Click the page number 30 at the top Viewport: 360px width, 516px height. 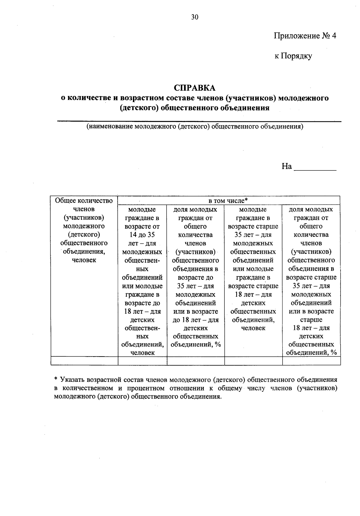point(195,17)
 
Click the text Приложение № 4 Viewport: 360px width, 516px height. point(305,36)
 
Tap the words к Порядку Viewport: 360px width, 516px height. point(293,56)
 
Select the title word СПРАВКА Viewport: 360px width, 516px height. point(195,88)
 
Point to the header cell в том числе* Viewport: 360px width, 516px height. point(228,201)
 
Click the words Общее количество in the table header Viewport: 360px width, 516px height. point(84,201)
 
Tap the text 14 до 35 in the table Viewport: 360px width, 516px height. point(142,235)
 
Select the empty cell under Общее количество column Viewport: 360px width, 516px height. point(84,361)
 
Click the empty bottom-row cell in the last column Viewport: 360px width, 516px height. point(311,361)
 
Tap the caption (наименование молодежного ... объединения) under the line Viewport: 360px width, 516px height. point(195,126)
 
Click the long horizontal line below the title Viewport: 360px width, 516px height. point(199,121)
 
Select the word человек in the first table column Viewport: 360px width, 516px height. point(84,260)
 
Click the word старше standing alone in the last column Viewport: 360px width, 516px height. point(311,320)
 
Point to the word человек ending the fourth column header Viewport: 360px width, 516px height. point(253,328)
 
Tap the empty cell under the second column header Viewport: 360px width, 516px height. point(142,361)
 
